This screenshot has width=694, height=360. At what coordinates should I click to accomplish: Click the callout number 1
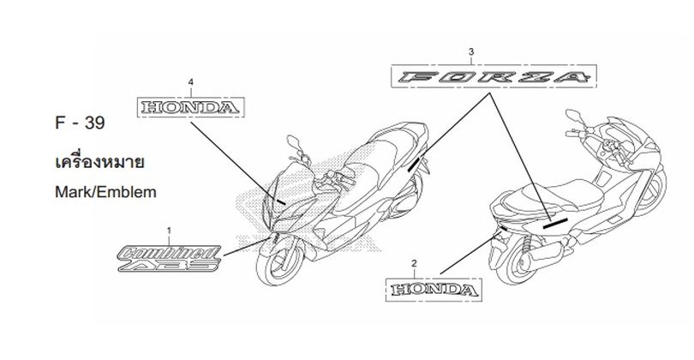[169, 231]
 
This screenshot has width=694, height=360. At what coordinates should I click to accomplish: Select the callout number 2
[414, 263]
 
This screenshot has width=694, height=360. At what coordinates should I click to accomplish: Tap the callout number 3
[471, 51]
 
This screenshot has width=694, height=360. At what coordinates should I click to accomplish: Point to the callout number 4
[191, 82]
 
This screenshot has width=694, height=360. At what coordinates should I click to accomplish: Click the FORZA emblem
[494, 76]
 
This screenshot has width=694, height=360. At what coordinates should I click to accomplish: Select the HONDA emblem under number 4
[191, 107]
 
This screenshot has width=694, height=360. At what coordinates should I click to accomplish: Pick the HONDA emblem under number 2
[434, 290]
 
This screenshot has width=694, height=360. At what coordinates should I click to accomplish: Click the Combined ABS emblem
[170, 259]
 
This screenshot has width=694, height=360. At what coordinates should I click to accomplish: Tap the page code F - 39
[80, 123]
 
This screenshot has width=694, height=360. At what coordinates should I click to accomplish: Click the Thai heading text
[99, 162]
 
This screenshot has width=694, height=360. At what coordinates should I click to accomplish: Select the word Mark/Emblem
[105, 192]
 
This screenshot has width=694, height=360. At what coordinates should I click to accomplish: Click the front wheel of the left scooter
[281, 264]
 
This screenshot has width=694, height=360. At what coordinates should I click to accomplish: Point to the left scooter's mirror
[293, 142]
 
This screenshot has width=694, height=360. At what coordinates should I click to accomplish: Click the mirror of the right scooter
[573, 116]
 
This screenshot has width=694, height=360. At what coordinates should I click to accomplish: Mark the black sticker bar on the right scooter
[555, 223]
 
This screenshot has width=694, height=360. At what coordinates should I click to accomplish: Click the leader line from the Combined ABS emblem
[247, 247]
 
